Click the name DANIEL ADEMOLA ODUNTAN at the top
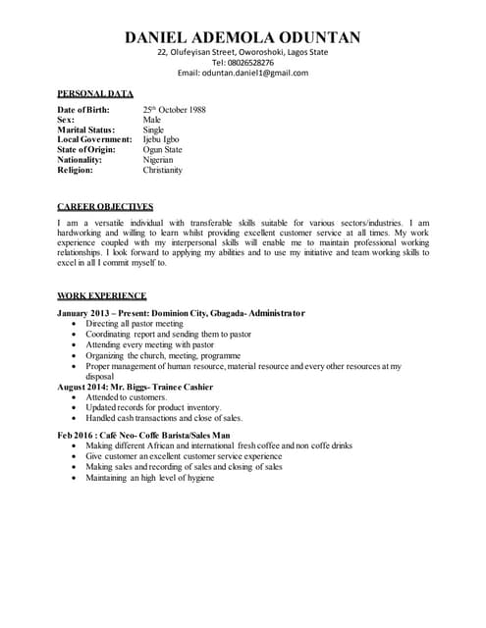tap(243, 38)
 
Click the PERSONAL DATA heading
tap(95, 93)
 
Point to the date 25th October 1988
tap(174, 110)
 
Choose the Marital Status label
tap(86, 130)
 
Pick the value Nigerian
tap(159, 159)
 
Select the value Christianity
tap(163, 170)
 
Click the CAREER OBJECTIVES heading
tap(105, 207)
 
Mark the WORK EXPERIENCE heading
tap(102, 295)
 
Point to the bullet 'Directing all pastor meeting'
tap(135, 323)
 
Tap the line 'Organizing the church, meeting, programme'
tap(161, 355)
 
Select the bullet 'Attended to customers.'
tap(127, 396)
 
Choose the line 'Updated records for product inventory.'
tap(154, 407)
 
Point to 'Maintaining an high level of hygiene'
tap(150, 478)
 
